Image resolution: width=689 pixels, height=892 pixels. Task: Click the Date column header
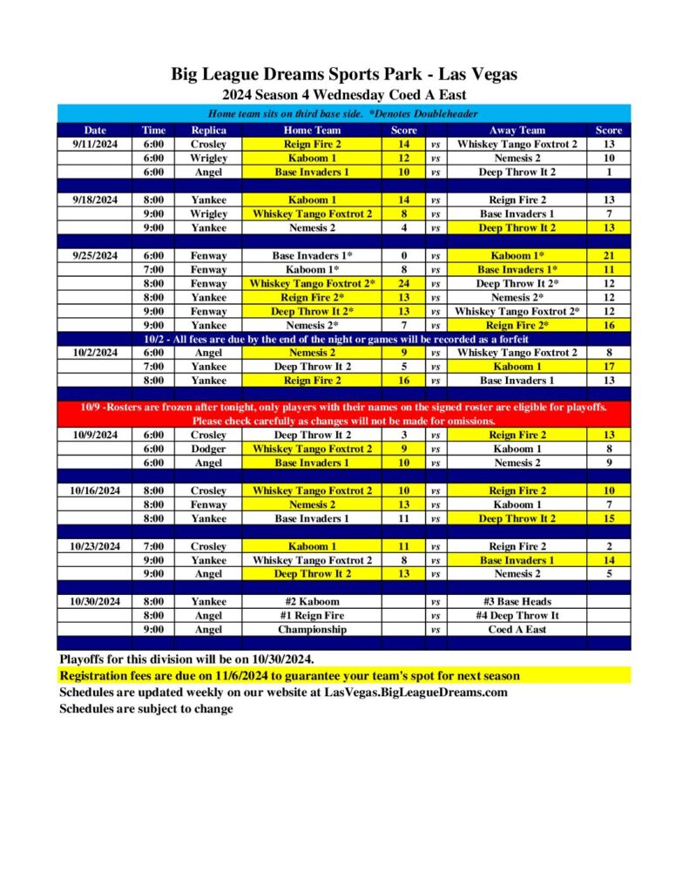(95, 131)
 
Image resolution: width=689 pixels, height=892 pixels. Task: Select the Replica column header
(208, 131)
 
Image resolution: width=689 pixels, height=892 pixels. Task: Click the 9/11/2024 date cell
(95, 145)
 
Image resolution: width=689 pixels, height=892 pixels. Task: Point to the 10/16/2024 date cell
(95, 491)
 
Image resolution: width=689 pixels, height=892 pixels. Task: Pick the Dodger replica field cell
(208, 449)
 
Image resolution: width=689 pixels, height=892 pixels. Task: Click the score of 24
(404, 284)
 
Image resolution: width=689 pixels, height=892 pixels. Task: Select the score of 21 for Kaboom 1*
(608, 256)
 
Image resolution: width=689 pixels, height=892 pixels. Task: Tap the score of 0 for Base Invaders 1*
(404, 256)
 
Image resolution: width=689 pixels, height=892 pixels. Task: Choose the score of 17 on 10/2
(608, 367)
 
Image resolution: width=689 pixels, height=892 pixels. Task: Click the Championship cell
(312, 630)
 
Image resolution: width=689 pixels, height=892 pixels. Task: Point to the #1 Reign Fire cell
(312, 616)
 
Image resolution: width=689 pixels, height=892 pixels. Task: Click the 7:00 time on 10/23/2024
(153, 546)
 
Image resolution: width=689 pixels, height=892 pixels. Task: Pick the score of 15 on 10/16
(608, 518)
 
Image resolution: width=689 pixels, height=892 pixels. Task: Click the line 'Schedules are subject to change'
(146, 709)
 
